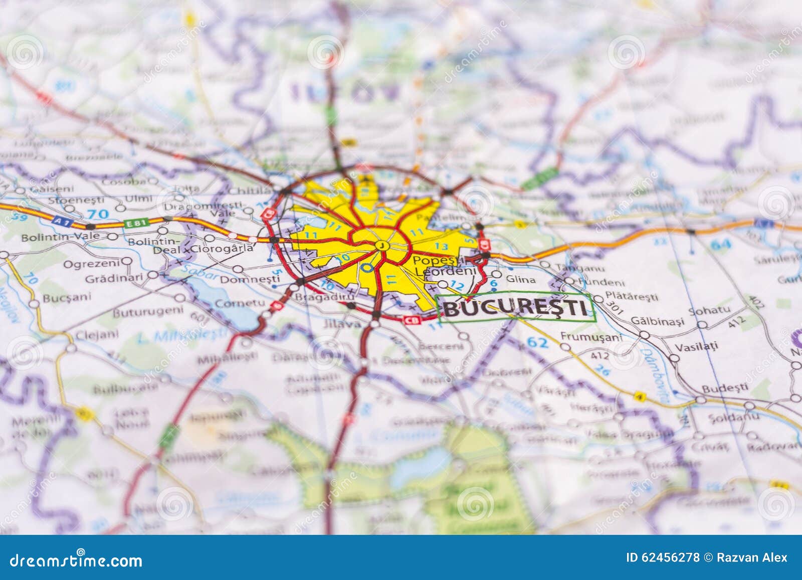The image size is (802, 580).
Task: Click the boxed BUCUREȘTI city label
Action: tap(516, 306)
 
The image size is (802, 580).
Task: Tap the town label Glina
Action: tap(521, 279)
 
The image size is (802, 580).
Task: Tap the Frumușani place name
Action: tap(591, 337)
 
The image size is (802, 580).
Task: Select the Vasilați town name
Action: tap(696, 346)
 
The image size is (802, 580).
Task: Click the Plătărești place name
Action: tap(631, 296)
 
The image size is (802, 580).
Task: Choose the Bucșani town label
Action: tap(67, 297)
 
